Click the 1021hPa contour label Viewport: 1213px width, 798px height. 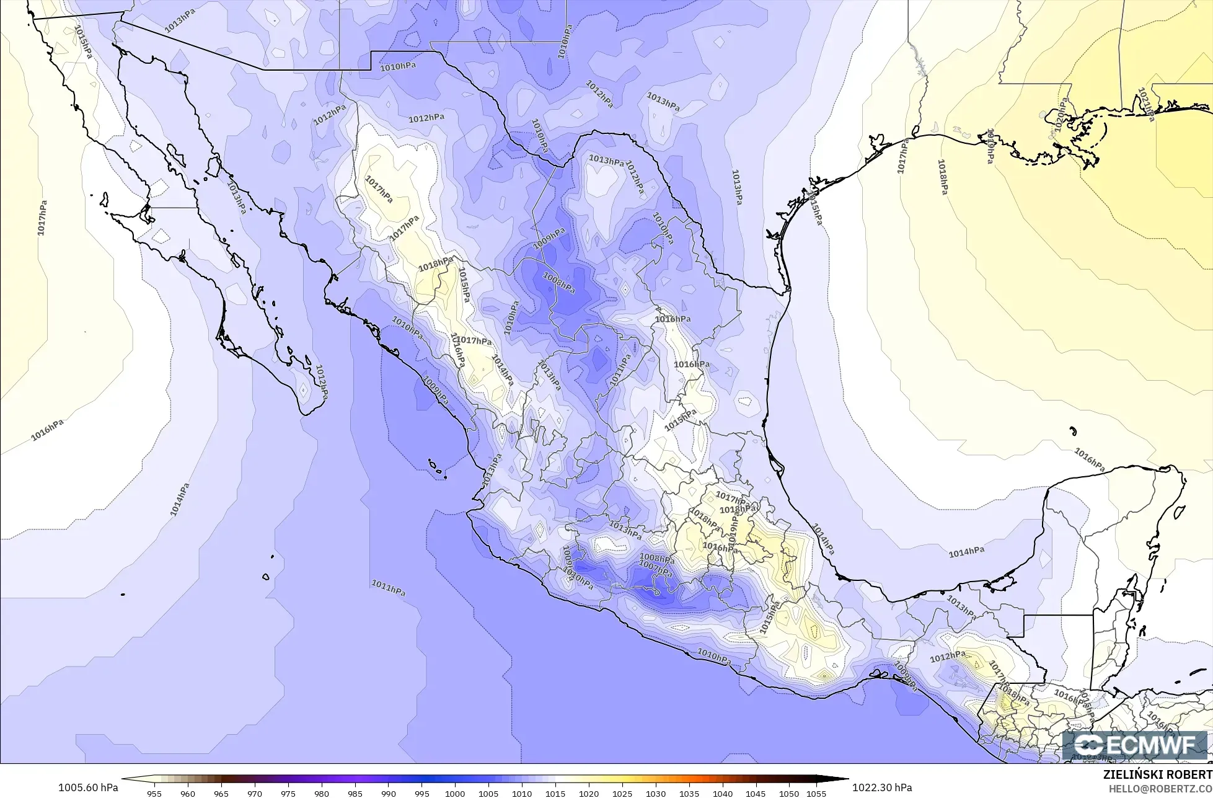(1146, 104)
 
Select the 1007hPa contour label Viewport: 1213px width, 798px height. (655, 568)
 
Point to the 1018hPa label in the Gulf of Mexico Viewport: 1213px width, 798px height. (942, 177)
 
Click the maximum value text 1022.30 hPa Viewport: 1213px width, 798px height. (882, 787)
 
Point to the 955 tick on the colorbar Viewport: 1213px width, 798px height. (154, 793)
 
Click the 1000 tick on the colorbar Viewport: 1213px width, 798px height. (455, 793)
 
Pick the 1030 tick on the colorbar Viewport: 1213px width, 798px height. (656, 793)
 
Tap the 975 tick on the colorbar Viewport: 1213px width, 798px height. (288, 793)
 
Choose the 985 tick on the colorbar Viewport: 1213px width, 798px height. (355, 793)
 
